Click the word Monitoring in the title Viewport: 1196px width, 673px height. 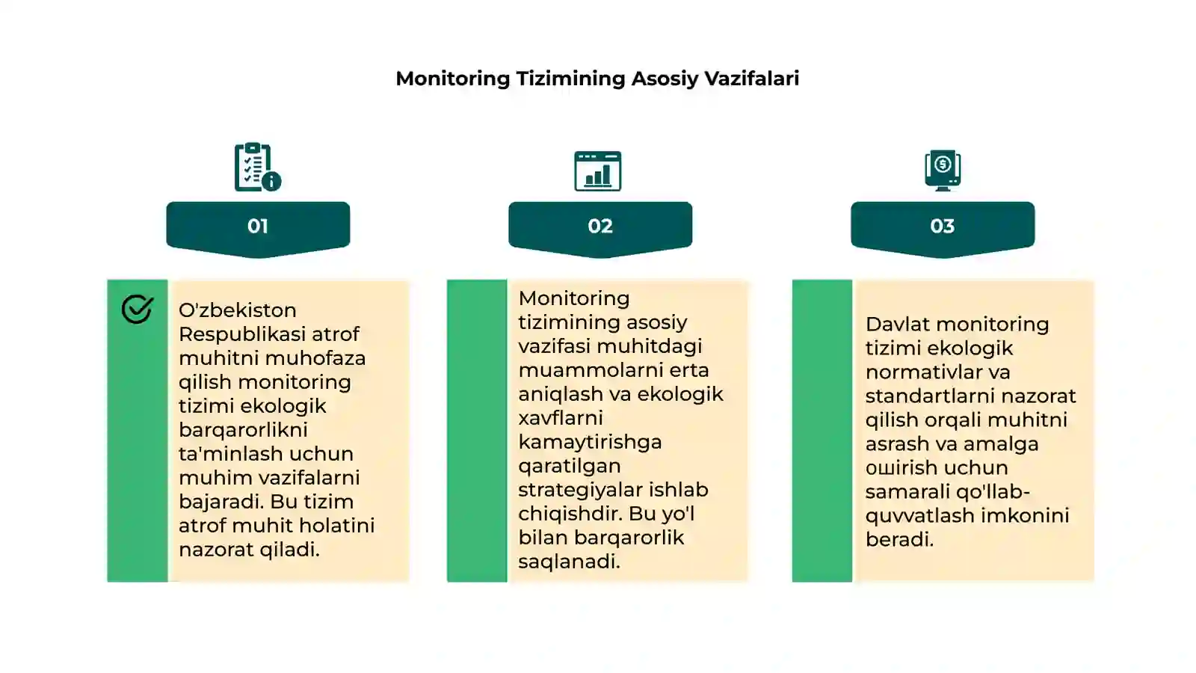tap(453, 79)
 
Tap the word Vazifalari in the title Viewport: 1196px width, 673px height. tap(752, 79)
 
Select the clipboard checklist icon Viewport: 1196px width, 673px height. tap(258, 167)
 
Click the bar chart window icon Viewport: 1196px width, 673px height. tap(597, 171)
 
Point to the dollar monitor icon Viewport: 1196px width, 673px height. tap(943, 170)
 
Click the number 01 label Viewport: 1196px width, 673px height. tap(257, 226)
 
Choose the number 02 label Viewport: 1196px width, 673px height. tap(600, 226)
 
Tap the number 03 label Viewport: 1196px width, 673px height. tap(943, 226)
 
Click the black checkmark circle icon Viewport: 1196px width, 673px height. tap(138, 310)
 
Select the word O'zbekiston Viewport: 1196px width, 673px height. tap(237, 310)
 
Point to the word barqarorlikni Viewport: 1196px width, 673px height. tap(243, 430)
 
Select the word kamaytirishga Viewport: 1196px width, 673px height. tap(590, 442)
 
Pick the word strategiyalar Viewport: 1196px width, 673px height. tap(580, 490)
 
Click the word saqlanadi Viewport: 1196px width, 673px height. tap(569, 562)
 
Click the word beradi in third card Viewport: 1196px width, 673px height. tap(899, 539)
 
